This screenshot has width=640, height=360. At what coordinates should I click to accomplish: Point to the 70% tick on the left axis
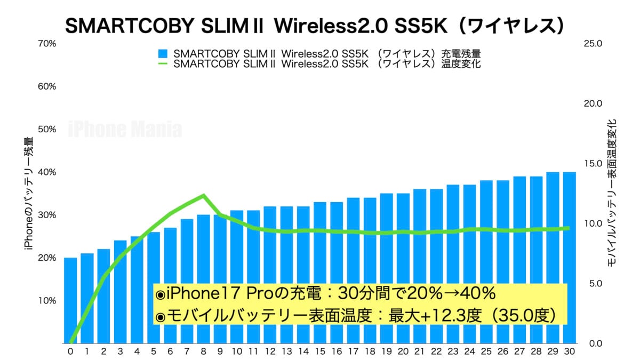(47, 43)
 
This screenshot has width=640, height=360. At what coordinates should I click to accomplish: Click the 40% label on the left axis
(47, 172)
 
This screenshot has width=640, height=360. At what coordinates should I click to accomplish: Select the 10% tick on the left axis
(47, 300)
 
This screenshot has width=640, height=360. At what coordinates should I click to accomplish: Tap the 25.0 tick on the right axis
(593, 43)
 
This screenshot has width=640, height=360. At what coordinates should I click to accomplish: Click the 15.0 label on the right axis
(593, 163)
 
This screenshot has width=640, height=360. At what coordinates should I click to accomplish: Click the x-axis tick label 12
(270, 352)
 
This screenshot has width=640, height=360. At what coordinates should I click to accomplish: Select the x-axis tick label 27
(519, 352)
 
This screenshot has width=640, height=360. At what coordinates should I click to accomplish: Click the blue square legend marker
(163, 54)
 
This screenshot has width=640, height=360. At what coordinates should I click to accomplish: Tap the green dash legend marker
(163, 63)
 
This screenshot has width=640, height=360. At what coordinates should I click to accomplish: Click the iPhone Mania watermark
(125, 130)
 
